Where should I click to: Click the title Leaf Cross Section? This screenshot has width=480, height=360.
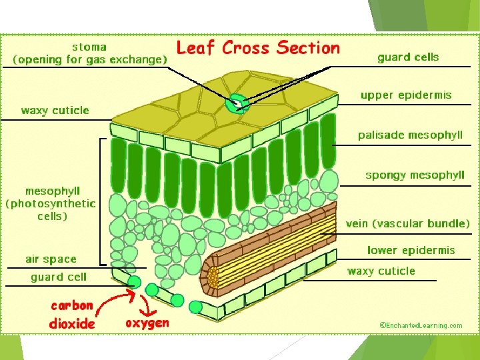coord(258,48)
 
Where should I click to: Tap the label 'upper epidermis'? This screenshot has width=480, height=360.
coord(406,95)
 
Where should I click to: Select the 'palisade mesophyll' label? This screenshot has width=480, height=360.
coord(410,135)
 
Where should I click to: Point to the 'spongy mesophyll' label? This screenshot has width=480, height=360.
coord(415,175)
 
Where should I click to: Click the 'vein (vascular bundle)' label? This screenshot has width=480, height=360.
coord(407,223)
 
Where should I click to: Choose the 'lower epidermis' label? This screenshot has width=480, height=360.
coord(411,250)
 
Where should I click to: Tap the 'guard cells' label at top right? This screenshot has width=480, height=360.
coord(408,57)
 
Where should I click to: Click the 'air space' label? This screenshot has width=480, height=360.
coord(51,259)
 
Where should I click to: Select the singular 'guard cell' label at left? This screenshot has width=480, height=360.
coord(59,277)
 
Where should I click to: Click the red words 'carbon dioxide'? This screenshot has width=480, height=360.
coord(72,314)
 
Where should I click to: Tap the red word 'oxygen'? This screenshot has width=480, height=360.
coord(147,323)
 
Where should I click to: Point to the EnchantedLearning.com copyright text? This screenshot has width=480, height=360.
coord(421,325)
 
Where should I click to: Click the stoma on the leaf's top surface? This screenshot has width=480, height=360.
coord(235,103)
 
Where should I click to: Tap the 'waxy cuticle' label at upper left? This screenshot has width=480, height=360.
coord(55,110)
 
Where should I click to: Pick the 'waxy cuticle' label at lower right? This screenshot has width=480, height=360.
coord(381,271)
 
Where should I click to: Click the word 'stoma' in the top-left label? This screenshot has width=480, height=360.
coord(89,47)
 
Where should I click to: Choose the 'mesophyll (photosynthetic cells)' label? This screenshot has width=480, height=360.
coord(51,203)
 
